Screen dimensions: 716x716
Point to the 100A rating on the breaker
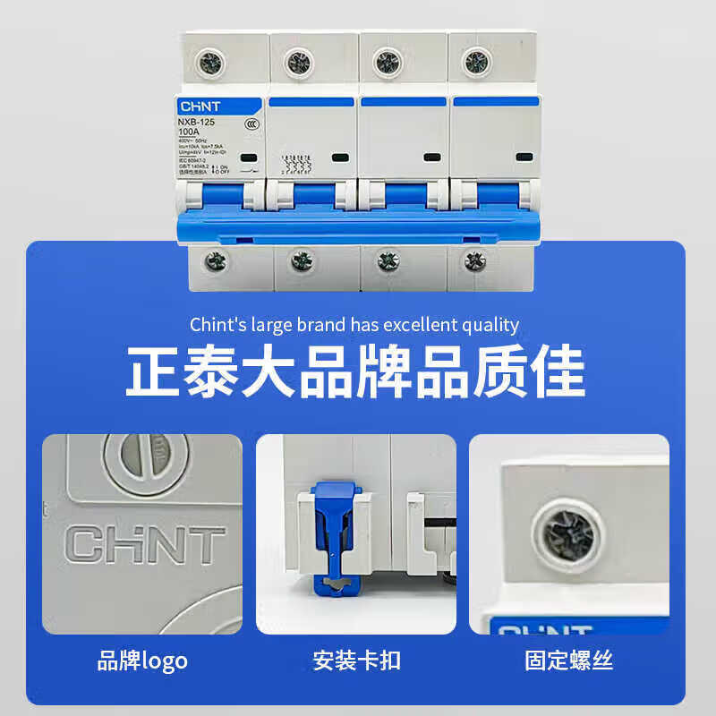click(191, 132)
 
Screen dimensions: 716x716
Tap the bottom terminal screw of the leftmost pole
click(216, 261)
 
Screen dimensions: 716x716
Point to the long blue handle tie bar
click(358, 226)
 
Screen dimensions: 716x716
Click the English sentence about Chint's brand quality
click(354, 324)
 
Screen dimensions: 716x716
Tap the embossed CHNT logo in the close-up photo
click(146, 544)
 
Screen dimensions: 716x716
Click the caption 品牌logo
click(142, 661)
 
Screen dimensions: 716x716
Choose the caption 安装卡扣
click(356, 661)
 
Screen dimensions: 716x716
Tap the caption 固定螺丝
click(569, 661)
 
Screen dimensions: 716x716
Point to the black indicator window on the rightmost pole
click(524, 158)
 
